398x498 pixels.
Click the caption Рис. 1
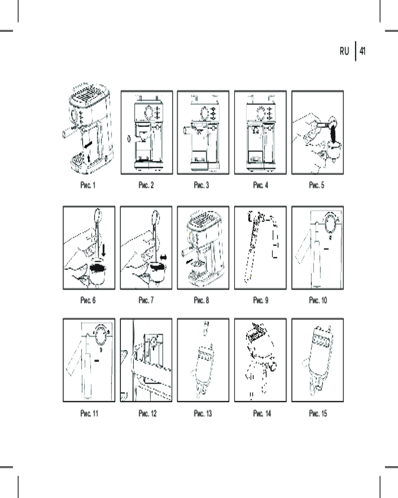[x=88, y=186]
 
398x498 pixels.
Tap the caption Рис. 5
[x=316, y=186]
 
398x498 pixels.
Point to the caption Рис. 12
[x=146, y=414]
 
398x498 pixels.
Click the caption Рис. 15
[x=318, y=414]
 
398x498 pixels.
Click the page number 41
[x=362, y=51]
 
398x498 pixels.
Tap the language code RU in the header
[x=344, y=51]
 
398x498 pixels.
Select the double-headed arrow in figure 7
[x=163, y=257]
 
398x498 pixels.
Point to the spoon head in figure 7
[x=156, y=217]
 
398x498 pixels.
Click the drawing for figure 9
[x=260, y=248]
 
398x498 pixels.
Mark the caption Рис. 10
[x=318, y=300]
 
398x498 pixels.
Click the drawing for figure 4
[x=260, y=132]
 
